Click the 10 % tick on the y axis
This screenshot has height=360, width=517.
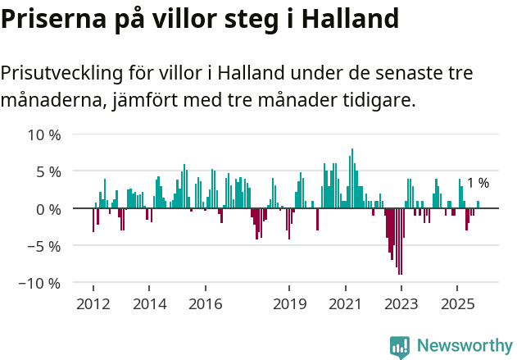point(44,134)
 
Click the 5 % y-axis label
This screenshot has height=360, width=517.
point(48,172)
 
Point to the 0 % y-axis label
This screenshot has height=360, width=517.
point(48,209)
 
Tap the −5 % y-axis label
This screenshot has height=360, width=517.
point(44,246)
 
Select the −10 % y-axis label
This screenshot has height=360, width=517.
point(41,283)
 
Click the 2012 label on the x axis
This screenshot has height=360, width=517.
point(93,304)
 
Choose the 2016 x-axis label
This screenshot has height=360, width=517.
point(205,304)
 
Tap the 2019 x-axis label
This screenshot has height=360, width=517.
point(289,304)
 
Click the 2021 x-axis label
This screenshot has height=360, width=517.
point(345,304)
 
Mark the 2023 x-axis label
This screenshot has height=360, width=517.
point(401,304)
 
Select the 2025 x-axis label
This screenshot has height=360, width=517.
point(457,304)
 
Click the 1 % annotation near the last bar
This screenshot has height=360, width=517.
point(478,184)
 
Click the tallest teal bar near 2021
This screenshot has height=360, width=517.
point(352,179)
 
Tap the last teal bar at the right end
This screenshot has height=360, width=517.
point(478,205)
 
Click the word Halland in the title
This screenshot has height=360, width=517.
point(350,18)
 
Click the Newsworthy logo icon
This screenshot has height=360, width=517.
point(400,347)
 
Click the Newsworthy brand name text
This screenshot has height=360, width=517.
point(465,346)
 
